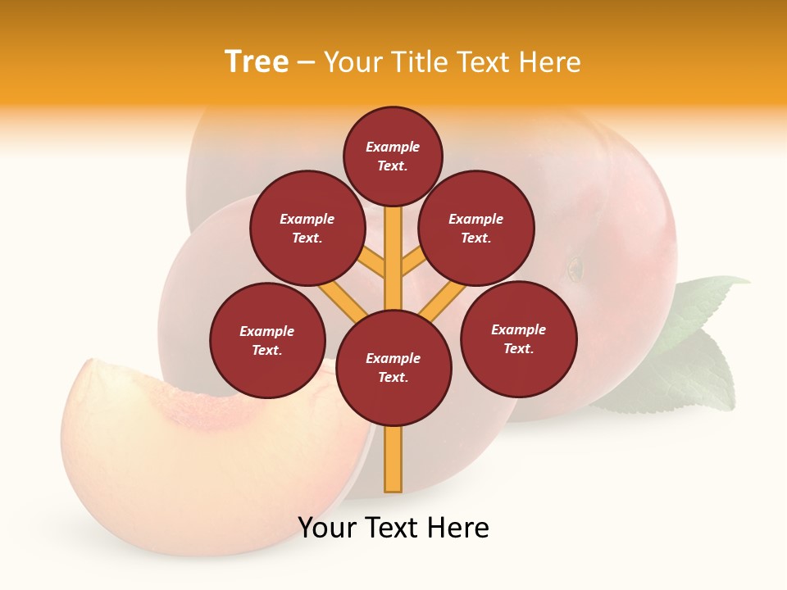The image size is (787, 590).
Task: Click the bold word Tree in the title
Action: [257, 62]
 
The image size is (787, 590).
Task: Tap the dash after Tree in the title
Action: [307, 63]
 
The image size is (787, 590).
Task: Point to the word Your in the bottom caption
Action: [327, 529]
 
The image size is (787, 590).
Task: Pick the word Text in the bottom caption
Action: [392, 529]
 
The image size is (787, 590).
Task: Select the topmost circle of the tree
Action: [393, 156]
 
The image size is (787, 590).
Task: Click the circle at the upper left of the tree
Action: [307, 228]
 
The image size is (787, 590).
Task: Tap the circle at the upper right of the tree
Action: [476, 228]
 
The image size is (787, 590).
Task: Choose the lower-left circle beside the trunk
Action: [267, 340]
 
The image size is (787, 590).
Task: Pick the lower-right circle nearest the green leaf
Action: [518, 338]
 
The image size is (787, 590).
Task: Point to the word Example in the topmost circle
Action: [393, 147]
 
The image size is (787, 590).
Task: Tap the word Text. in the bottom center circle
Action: [393, 378]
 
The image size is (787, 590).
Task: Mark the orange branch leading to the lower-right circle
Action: [442, 301]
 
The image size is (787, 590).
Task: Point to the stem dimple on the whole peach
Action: [575, 267]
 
